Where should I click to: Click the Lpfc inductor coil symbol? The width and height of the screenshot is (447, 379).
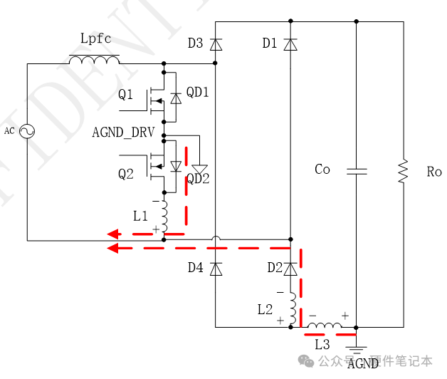coord(94,60)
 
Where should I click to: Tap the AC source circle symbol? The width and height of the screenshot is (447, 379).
coord(28,130)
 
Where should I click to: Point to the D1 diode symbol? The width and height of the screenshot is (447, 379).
coord(290,44)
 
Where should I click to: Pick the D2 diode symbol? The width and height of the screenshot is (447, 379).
coord(290,269)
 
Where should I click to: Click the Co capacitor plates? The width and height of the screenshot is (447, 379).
coord(356,171)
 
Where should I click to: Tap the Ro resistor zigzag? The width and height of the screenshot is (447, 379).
coord(403,171)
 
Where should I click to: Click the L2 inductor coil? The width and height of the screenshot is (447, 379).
coord(292,308)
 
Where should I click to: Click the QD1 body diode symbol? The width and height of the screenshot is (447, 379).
coord(175,98)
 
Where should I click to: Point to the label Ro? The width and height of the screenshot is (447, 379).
coord(434,172)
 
